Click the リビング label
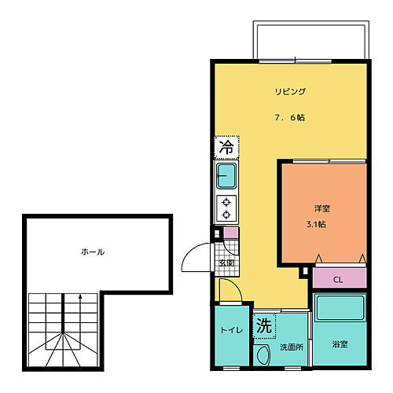pos(290,92)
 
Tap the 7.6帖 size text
pos(290,118)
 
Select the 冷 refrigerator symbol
pos(226,147)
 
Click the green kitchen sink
pos(226,176)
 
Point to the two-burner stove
pos(226,208)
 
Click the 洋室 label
pos(322,208)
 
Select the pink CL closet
pos(339,278)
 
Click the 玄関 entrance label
pos(226,263)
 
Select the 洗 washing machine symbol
pos(264,325)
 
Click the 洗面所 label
pos(291,347)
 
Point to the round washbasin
pos(263,355)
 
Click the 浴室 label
pos(340,344)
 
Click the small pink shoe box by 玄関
pos(230,233)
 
